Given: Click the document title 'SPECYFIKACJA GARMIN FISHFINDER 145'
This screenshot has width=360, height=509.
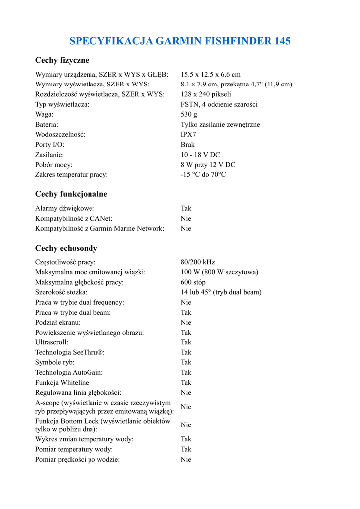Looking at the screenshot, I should [180, 41].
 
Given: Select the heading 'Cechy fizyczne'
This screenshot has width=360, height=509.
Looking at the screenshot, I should [62, 60].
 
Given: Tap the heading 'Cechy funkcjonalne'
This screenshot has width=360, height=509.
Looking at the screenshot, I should [71, 194].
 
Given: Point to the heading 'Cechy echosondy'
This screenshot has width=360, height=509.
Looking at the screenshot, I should [66, 248].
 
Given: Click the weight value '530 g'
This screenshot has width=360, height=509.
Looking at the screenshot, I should [189, 114].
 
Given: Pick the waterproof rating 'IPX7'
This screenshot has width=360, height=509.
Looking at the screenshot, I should [188, 135].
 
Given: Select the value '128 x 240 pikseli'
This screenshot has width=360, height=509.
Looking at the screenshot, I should [206, 94].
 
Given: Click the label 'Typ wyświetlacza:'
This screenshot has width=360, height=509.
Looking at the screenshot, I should [62, 104].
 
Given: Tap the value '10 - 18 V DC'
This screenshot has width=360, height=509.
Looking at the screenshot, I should [200, 155].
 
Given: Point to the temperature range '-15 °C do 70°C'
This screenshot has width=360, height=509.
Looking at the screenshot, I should [203, 174].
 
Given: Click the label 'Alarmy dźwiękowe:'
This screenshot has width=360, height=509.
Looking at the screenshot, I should [65, 208].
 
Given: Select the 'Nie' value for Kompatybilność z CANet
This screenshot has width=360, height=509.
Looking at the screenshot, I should [186, 218].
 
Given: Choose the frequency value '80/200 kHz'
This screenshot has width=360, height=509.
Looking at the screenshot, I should [198, 262].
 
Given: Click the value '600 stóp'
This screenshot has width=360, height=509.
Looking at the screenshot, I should [193, 282].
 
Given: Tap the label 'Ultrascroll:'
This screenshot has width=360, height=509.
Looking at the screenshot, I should [52, 342].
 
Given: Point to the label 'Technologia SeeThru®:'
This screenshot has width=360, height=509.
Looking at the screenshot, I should [70, 352].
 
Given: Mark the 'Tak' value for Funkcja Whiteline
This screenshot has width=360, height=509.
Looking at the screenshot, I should [186, 383].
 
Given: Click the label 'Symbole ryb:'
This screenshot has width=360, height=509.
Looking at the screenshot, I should [55, 362].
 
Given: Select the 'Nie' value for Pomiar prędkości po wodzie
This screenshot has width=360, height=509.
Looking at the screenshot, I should [186, 460].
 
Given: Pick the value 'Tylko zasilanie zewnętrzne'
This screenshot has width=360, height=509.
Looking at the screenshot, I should [220, 125].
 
